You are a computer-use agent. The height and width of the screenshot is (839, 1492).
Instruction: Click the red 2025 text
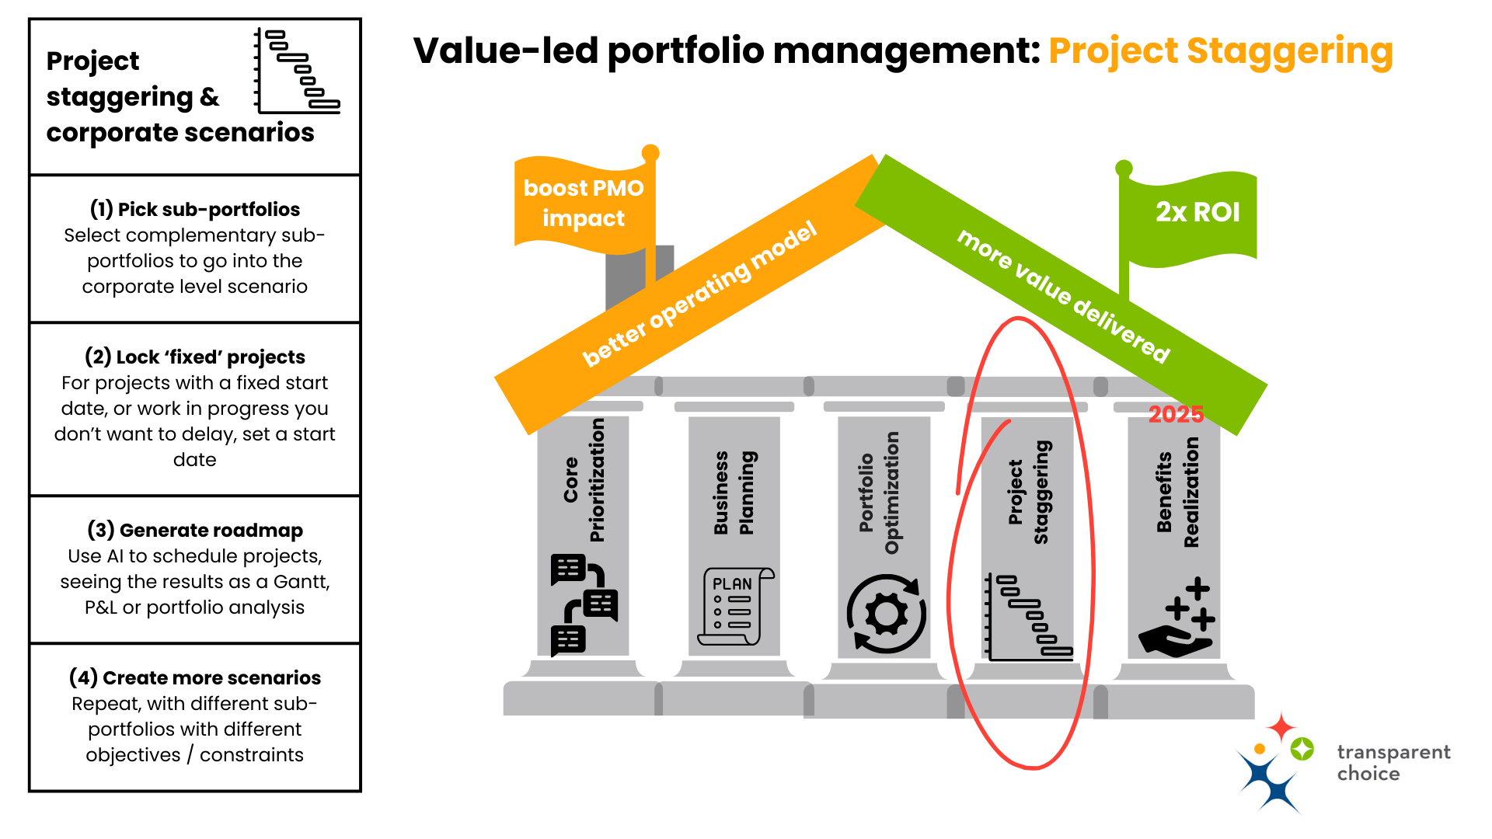(1176, 414)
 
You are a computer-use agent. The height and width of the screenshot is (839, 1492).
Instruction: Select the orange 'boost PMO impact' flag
(584, 204)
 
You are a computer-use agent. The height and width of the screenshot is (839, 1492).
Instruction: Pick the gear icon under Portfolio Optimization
(886, 614)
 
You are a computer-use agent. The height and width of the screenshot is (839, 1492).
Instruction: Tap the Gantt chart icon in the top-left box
(298, 71)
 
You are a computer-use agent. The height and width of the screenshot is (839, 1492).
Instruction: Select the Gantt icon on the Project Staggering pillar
(1028, 618)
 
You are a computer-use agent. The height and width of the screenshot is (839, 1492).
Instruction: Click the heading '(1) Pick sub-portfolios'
(194, 210)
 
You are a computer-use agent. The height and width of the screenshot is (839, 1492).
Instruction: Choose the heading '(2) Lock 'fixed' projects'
(194, 357)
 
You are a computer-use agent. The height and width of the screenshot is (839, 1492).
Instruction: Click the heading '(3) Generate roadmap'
(194, 531)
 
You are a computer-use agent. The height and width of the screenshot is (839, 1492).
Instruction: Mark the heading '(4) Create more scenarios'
(194, 678)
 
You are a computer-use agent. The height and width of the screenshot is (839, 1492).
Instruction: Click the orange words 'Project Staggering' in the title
(1220, 51)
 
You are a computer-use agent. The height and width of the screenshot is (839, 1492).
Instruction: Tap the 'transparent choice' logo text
(1393, 763)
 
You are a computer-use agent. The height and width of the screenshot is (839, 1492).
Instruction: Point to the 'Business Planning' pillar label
(734, 493)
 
